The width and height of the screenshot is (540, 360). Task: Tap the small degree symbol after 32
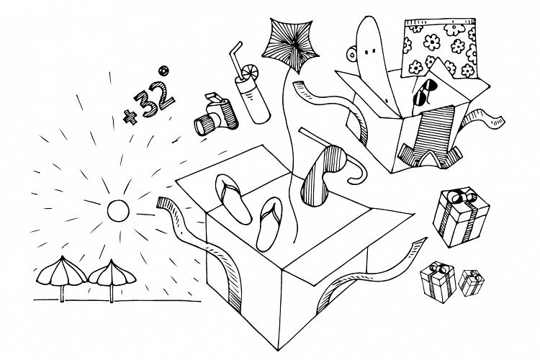point(164,70)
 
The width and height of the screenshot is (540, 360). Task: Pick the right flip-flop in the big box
point(269,219)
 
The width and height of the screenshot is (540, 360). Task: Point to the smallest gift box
point(472,283)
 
